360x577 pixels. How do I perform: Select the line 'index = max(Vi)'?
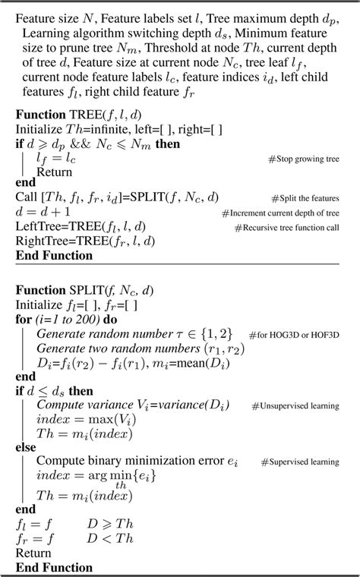81,420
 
